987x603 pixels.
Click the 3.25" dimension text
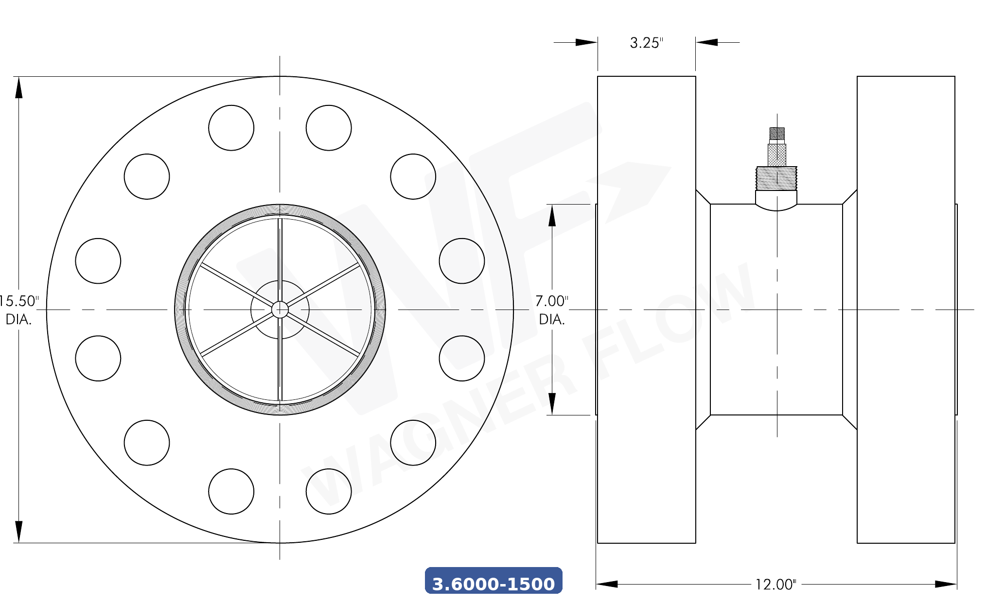point(646,43)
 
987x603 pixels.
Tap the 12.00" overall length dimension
point(775,584)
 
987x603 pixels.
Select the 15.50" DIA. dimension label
point(18,310)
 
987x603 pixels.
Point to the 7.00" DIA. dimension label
point(552,310)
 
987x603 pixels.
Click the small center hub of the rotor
point(280,310)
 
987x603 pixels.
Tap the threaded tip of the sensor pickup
point(777,133)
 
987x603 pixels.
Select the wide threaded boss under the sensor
point(776,178)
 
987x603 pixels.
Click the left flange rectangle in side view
point(646,310)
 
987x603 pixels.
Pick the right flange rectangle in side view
point(906,310)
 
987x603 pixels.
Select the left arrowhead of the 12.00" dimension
point(607,584)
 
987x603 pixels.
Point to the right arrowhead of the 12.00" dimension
point(946,584)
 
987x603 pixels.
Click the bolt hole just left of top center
point(231,128)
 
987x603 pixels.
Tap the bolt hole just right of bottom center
point(329,491)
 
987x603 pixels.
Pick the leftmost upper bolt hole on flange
point(98,261)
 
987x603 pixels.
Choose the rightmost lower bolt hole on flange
point(462,358)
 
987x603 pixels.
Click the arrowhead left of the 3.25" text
point(586,42)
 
